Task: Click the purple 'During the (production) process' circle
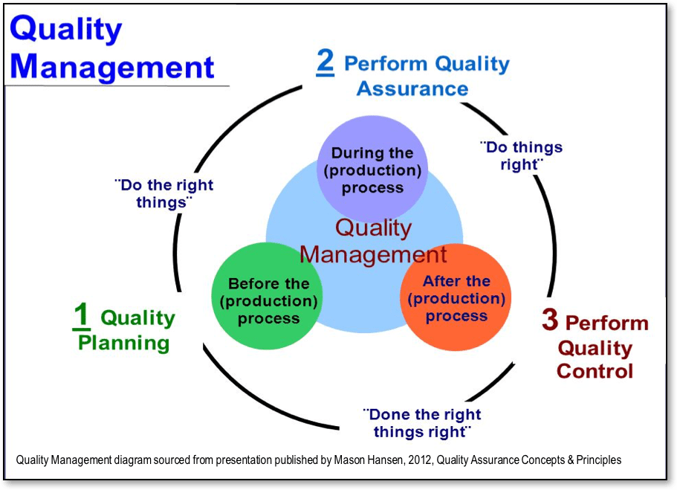(x=372, y=170)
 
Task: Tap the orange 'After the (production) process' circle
(x=456, y=298)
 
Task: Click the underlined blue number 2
(x=325, y=62)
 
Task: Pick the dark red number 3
(x=550, y=320)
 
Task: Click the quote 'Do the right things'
(x=164, y=193)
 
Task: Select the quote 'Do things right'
(x=522, y=156)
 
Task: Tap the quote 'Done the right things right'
(x=421, y=423)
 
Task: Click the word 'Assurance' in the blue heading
(x=412, y=88)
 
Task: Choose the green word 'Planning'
(x=124, y=344)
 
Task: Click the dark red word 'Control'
(x=595, y=371)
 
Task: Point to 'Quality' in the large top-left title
(x=66, y=30)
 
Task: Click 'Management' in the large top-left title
(x=112, y=67)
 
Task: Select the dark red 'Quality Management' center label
(x=373, y=241)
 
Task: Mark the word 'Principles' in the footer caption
(x=595, y=460)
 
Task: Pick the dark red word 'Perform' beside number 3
(x=607, y=323)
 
